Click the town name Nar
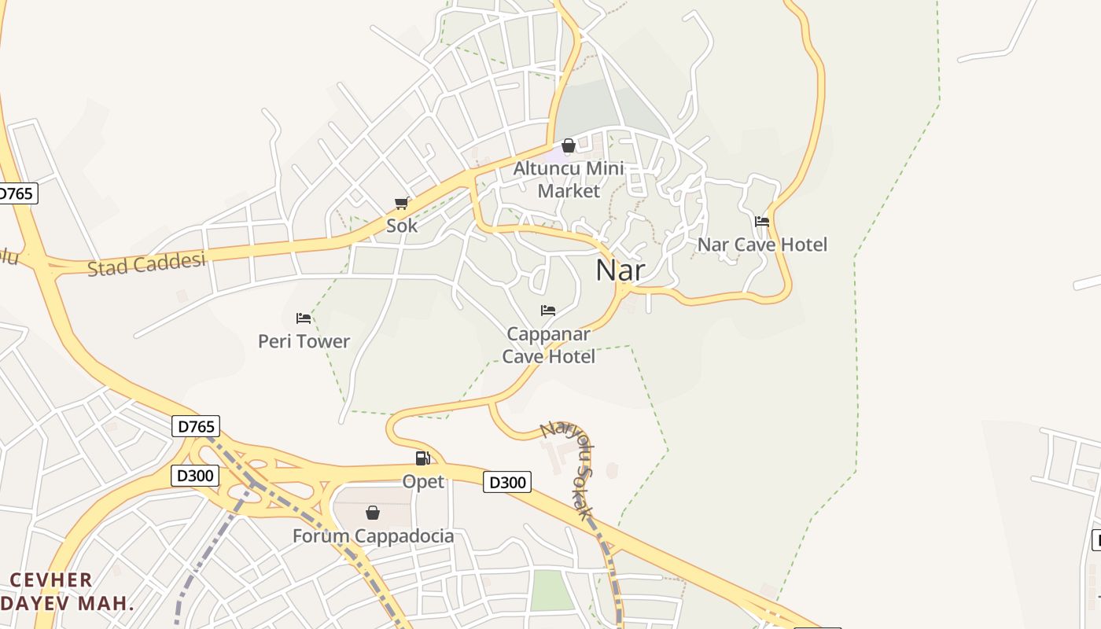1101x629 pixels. (620, 270)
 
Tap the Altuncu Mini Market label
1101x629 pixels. (569, 179)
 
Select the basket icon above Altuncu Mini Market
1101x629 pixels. (569, 145)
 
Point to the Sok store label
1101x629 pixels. (402, 226)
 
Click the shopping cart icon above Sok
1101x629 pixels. (401, 204)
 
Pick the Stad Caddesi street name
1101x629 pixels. (146, 263)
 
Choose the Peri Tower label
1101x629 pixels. (304, 341)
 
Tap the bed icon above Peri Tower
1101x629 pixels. (304, 318)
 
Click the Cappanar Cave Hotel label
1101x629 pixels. (549, 345)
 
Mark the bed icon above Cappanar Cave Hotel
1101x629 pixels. (548, 311)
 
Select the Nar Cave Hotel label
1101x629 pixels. (762, 245)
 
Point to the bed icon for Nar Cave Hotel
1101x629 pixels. (762, 222)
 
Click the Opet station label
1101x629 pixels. (423, 481)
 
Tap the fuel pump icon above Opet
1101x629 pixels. (423, 458)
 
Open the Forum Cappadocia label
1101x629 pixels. (373, 536)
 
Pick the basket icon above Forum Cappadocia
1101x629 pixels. (373, 513)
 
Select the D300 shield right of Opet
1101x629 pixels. (507, 482)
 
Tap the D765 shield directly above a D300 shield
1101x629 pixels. (196, 427)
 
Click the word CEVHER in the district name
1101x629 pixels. (51, 580)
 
